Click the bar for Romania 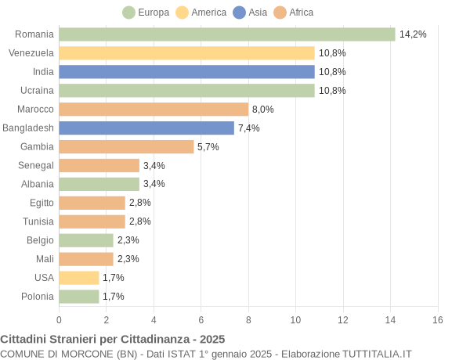[x=226, y=34]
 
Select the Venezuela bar [x=186, y=53]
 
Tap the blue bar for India [x=186, y=72]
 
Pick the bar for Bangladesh [x=146, y=128]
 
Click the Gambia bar [x=126, y=146]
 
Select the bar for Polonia [x=79, y=297]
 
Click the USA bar [x=79, y=278]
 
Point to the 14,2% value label [x=413, y=34]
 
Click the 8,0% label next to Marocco [x=263, y=110]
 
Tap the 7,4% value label [x=249, y=128]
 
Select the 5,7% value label [x=208, y=147]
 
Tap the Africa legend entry [x=294, y=13]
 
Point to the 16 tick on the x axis [x=438, y=320]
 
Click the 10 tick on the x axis [x=295, y=320]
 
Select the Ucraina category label [x=37, y=91]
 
